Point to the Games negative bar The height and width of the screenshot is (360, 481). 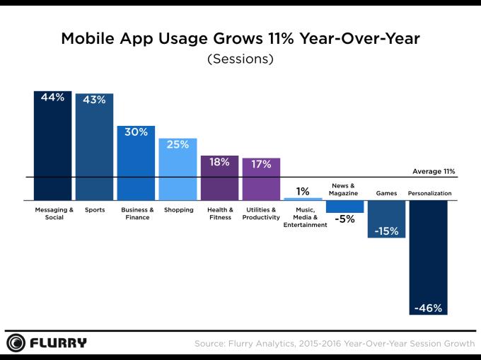click(x=386, y=219)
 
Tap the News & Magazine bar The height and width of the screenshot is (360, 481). click(x=344, y=207)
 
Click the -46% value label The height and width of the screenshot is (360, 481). click(x=428, y=308)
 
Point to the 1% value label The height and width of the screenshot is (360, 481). click(x=303, y=191)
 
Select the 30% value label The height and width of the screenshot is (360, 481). click(x=136, y=132)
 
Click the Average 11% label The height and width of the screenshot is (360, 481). click(x=433, y=171)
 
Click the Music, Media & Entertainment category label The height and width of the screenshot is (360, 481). click(x=303, y=218)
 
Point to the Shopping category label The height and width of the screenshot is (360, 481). click(x=178, y=210)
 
